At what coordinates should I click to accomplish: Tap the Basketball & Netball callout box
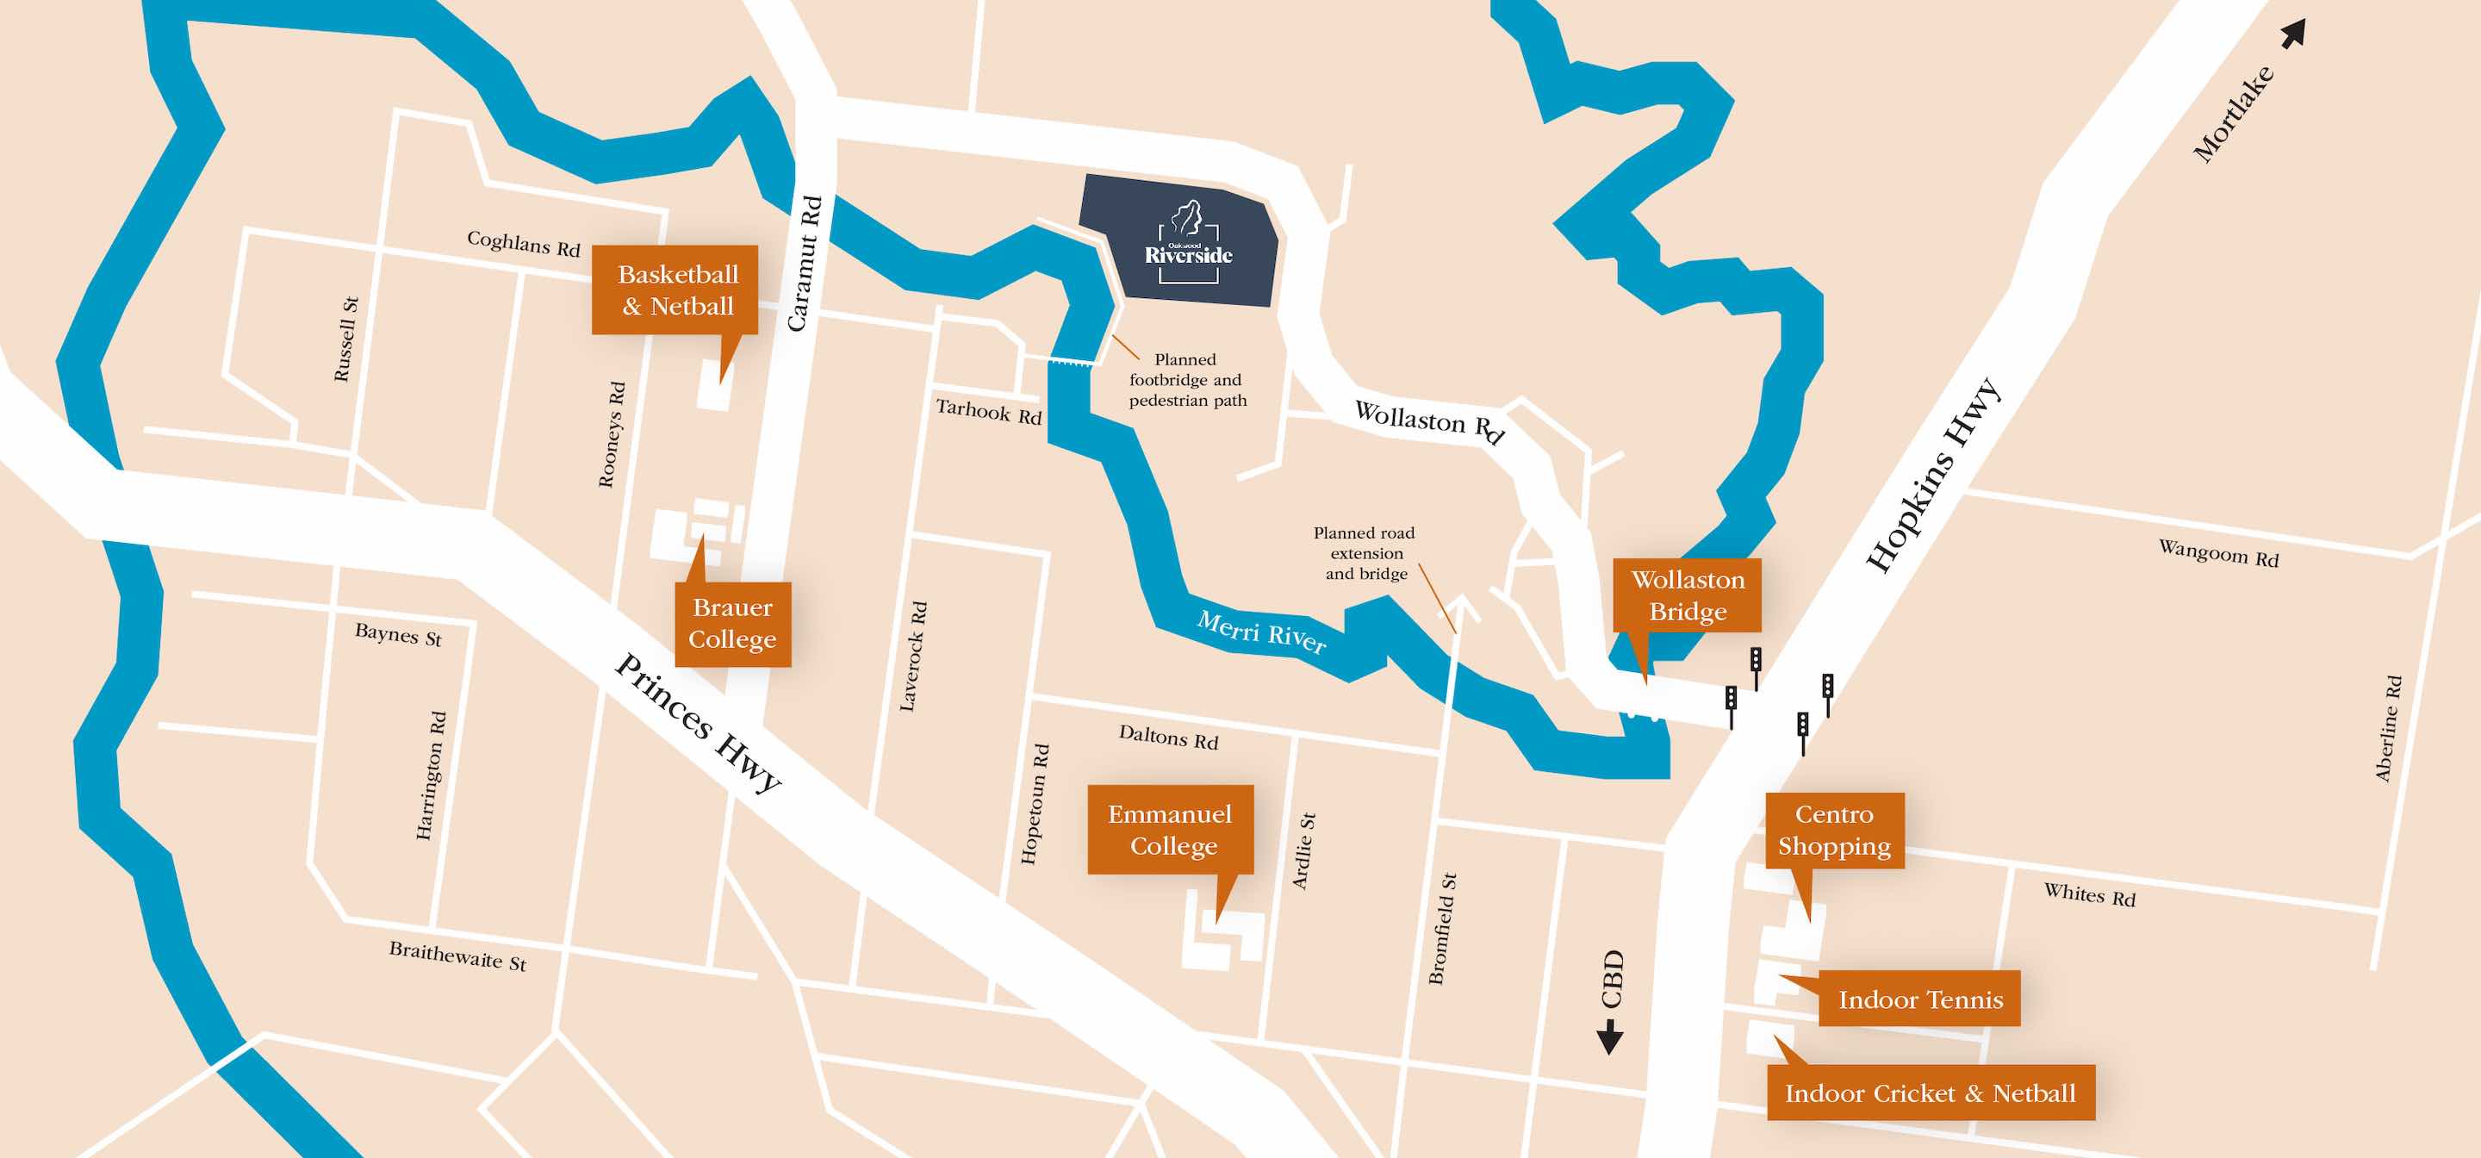click(x=676, y=290)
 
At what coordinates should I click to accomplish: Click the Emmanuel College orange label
click(x=1170, y=830)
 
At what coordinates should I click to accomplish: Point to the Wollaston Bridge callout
click(x=1688, y=595)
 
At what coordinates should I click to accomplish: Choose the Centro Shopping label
click(x=1834, y=830)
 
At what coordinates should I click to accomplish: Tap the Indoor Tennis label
click(x=1919, y=999)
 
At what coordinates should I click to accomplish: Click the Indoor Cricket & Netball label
click(x=1930, y=1093)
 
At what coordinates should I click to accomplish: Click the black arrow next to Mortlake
click(x=2294, y=33)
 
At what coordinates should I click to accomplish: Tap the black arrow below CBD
click(x=1610, y=1037)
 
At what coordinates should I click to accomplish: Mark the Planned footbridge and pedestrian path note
click(x=1186, y=380)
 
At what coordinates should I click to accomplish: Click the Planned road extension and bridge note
click(x=1365, y=553)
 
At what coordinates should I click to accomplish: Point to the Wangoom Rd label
click(x=2218, y=553)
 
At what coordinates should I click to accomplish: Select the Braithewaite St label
click(x=457, y=956)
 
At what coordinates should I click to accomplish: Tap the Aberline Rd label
click(x=2388, y=728)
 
